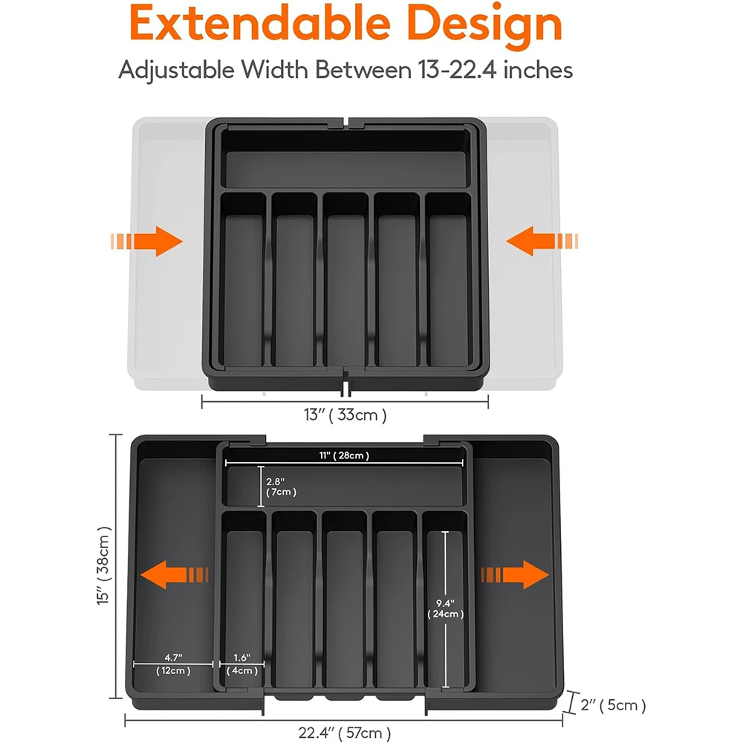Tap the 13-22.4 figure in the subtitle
coord(452,71)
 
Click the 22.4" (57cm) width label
coord(344,733)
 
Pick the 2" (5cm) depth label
coord(614,704)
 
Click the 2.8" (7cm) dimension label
coord(281,486)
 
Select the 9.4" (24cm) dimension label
coord(446,609)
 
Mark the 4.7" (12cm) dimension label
coord(173,663)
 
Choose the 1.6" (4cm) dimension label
coord(242,663)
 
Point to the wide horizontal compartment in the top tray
coord(345,168)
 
